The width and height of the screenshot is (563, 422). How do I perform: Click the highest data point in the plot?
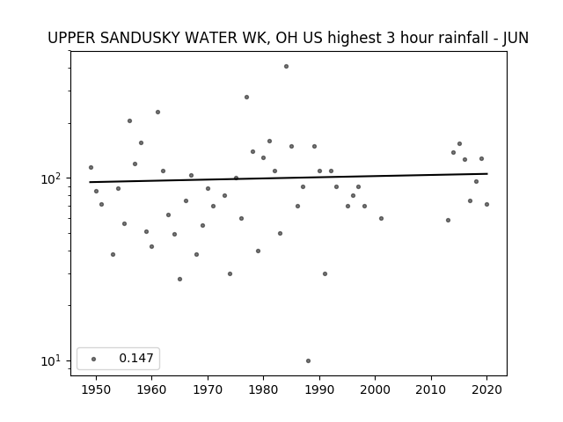286,67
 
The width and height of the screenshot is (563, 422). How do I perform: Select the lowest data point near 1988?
309,361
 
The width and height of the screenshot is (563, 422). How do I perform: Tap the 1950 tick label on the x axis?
96,389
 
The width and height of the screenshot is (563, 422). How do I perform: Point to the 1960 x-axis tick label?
151,389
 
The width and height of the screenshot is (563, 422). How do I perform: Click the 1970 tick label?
208,389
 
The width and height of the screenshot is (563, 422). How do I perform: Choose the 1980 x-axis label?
263,389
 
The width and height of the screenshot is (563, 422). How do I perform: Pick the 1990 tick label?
319,389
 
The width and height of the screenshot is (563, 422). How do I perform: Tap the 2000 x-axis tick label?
375,389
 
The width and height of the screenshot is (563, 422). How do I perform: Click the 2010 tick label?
431,389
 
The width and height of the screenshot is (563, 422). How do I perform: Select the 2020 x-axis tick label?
486,389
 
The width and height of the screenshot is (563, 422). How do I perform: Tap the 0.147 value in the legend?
136,358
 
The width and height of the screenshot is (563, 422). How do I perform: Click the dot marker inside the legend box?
94,359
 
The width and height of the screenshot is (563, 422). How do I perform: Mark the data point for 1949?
91,168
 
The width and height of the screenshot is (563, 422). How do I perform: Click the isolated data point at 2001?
381,219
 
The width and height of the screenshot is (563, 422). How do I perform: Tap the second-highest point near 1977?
246,98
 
